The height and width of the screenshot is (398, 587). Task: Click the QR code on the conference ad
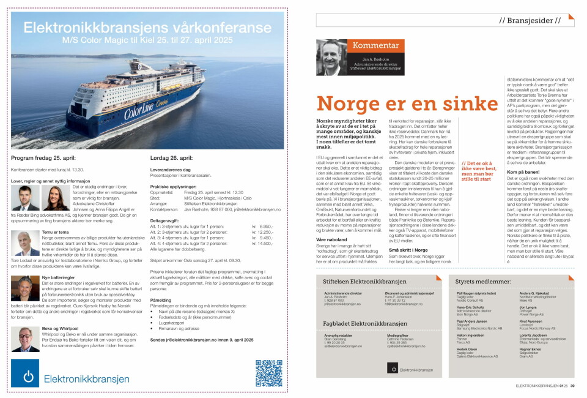tap(268, 373)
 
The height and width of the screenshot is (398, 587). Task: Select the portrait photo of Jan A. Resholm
tap(331, 57)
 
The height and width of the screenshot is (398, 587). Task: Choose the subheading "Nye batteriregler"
tap(57, 278)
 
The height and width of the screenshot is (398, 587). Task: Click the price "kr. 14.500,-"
tap(264, 243)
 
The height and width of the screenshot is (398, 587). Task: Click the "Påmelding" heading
tap(161, 301)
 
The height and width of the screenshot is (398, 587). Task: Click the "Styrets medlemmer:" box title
tap(483, 281)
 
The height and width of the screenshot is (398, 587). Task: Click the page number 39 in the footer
tap(572, 386)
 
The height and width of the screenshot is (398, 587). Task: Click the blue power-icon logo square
tap(25, 373)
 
